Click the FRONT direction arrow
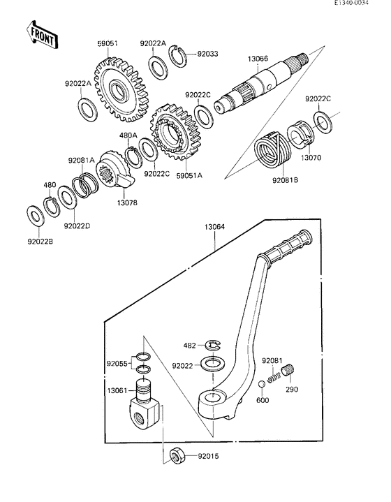[40, 34]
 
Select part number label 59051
[107, 43]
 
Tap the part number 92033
[208, 52]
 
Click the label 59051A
[189, 176]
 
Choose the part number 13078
[126, 202]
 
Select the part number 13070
[311, 158]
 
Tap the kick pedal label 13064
[214, 227]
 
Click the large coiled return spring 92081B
[270, 149]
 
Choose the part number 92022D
[76, 226]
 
